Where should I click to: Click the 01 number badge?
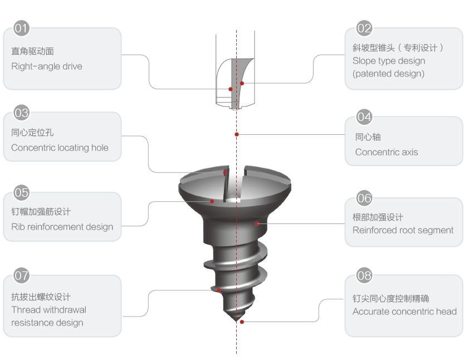21,28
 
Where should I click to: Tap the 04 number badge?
364,117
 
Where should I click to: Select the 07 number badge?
21,276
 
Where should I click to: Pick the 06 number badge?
364,198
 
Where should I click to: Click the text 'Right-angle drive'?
47,66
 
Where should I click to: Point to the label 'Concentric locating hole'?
60,148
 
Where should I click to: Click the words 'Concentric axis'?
387,152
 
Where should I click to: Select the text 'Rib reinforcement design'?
62,227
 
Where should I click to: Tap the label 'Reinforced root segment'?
403,230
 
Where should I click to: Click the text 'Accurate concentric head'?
404,312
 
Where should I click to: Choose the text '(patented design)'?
388,74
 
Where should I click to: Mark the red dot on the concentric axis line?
237,134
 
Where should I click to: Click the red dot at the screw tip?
242,322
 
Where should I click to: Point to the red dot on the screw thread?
219,290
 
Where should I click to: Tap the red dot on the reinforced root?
257,223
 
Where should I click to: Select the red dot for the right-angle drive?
231,89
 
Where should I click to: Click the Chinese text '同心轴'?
368,137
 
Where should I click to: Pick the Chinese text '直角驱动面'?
33,51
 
